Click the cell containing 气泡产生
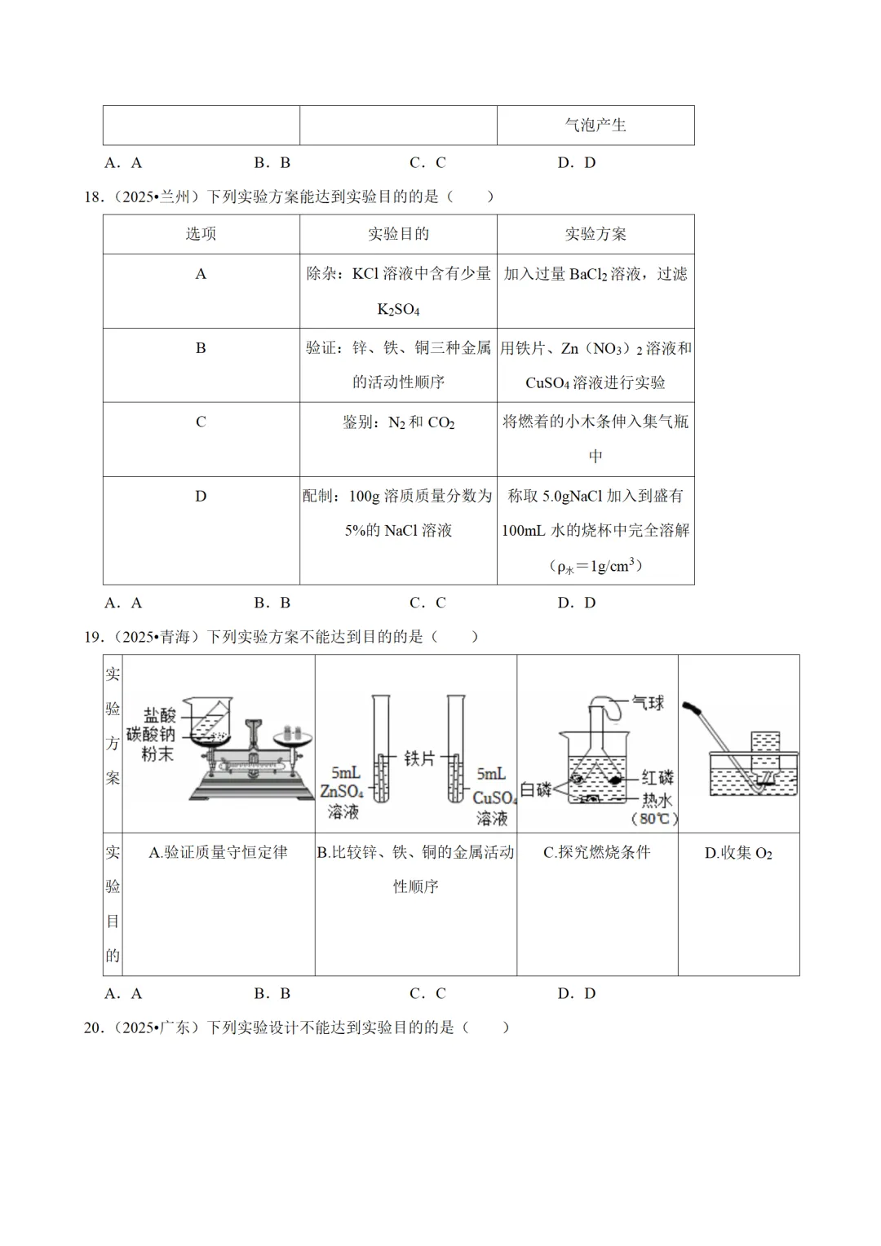pos(595,125)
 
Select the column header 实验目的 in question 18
pos(398,234)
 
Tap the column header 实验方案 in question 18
pos(595,234)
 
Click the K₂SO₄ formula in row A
pos(398,310)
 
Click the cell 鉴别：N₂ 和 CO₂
pos(398,422)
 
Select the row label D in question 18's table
pos(201,496)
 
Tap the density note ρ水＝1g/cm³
pos(595,566)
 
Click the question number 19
pos(94,637)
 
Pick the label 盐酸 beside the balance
pos(159,715)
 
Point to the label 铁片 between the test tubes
pos(419,758)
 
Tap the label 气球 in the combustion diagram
pos(649,703)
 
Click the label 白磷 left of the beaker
pos(535,789)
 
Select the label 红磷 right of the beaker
pos(657,777)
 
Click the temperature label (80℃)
pos(654,819)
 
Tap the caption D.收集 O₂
pos(738,853)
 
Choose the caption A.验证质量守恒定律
pos(218,852)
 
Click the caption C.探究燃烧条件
pos(597,852)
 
